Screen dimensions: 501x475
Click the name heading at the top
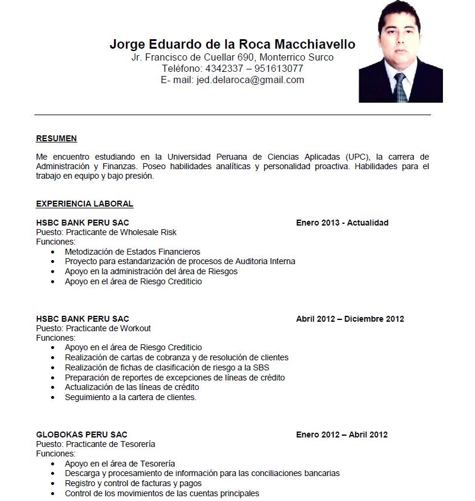pos(232,45)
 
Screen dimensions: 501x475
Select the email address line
pos(232,80)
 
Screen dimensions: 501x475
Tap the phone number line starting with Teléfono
pos(232,68)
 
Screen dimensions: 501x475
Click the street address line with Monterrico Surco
pos(232,57)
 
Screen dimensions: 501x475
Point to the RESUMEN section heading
pos(56,138)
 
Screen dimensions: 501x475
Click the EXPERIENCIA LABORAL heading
pos(84,204)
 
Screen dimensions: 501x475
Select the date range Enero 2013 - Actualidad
pos(342,223)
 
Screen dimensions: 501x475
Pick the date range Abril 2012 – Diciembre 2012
pos(350,319)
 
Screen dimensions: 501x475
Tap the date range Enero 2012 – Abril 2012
pos(341,435)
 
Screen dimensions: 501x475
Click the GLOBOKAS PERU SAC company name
pos(81,435)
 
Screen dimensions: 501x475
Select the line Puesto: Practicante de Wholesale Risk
pos(106,232)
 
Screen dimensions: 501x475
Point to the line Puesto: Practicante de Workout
pos(93,328)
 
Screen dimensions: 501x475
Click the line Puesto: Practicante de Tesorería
pos(96,444)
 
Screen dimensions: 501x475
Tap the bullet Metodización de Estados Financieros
pos(132,252)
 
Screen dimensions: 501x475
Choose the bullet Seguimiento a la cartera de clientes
pos(131,397)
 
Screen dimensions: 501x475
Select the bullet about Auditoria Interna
pos(180,261)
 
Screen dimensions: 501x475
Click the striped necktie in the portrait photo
pos(400,87)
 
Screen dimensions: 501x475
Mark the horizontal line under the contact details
pos(232,115)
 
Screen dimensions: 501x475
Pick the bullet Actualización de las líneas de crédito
pos(132,387)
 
